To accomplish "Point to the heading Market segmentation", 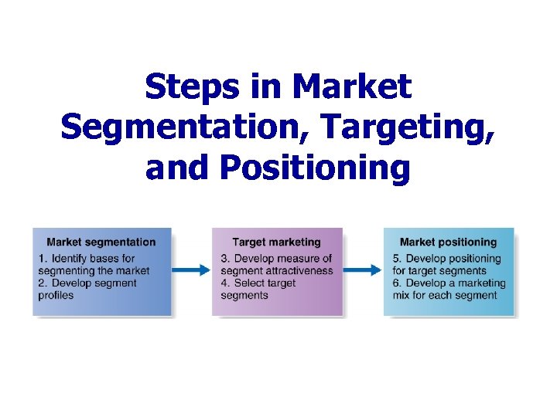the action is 101,242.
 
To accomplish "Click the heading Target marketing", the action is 276,242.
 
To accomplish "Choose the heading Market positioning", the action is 448,242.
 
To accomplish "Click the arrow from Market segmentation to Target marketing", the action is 191,270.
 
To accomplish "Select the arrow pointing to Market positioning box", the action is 362,270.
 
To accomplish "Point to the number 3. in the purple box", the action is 225,259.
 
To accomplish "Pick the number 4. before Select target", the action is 225,283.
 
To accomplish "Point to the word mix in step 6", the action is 402,295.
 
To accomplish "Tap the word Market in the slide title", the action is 355,87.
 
